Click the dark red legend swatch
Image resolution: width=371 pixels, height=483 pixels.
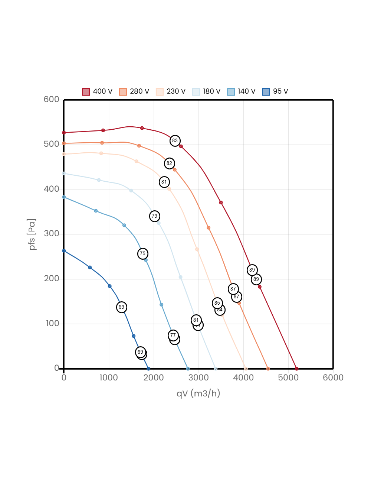(x=86, y=92)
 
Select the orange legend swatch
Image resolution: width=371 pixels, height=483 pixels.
(x=123, y=92)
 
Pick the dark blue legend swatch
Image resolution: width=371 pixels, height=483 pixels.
(x=266, y=92)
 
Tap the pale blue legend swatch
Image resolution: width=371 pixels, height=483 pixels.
(x=196, y=92)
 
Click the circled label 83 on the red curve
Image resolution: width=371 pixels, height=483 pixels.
(x=175, y=140)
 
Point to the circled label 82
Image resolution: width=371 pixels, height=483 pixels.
(x=169, y=163)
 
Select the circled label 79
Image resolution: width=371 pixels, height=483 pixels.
(x=154, y=216)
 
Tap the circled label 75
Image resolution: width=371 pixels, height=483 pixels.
(x=142, y=254)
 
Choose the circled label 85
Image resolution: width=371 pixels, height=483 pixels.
(x=217, y=303)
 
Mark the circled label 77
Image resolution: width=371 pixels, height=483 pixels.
(x=173, y=335)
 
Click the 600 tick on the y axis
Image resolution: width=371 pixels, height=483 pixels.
(x=51, y=99)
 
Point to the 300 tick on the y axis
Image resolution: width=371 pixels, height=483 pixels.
(x=51, y=233)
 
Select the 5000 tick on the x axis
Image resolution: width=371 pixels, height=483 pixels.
(x=288, y=377)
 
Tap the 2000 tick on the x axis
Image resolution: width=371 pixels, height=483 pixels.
(x=154, y=377)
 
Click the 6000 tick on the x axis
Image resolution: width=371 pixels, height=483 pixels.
(x=333, y=377)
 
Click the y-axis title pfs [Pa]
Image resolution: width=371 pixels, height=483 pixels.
(x=33, y=234)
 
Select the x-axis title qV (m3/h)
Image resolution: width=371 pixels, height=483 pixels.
(x=198, y=393)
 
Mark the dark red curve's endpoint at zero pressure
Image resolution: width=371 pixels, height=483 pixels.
(x=296, y=369)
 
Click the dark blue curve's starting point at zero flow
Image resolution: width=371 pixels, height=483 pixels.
(x=64, y=251)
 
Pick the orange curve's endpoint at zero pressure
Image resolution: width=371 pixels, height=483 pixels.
(x=268, y=369)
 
